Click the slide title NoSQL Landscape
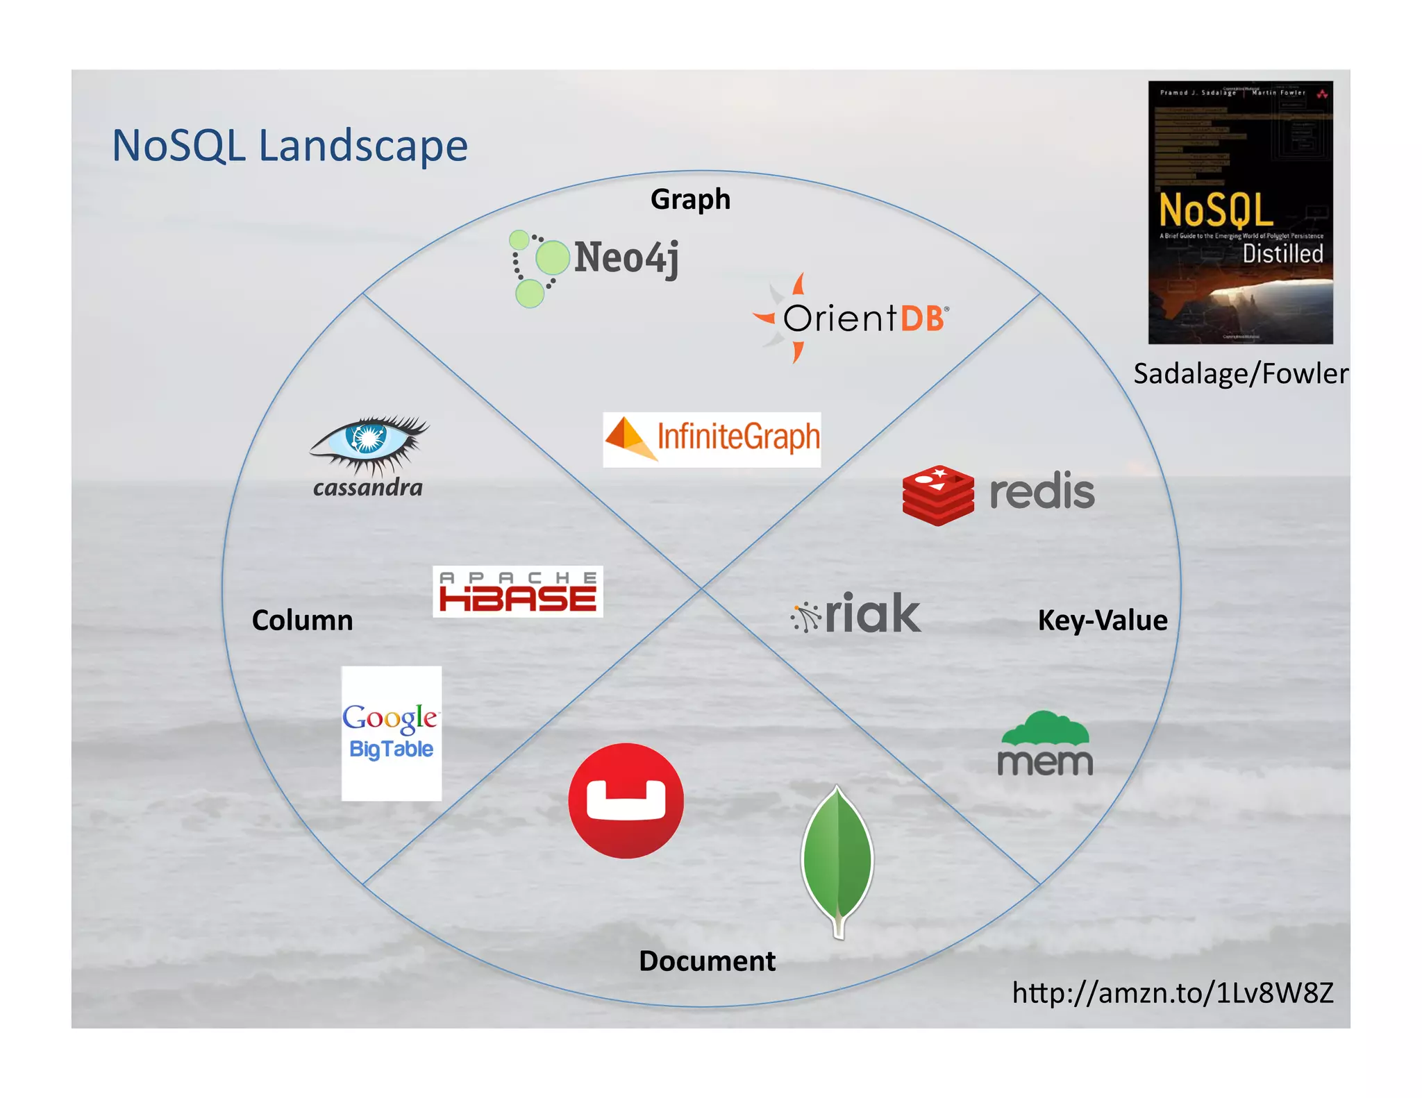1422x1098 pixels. click(x=290, y=146)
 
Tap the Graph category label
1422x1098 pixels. click(x=690, y=199)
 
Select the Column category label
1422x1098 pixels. click(x=302, y=620)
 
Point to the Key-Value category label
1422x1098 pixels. click(x=1102, y=620)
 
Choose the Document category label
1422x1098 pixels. click(x=707, y=961)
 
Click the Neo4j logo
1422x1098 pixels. click(x=595, y=266)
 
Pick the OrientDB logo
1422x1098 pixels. click(x=852, y=319)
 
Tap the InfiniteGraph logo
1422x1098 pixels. click(x=712, y=439)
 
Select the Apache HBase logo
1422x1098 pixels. click(x=517, y=592)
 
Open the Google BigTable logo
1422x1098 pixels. click(x=391, y=733)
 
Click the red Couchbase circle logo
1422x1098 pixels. click(x=626, y=800)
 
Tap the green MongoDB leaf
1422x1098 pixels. click(x=837, y=861)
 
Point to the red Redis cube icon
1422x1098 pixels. click(x=938, y=495)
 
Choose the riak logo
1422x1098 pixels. click(x=857, y=614)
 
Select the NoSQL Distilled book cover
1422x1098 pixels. click(x=1240, y=212)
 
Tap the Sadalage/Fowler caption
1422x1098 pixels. click(x=1240, y=373)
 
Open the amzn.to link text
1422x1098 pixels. click(x=1172, y=993)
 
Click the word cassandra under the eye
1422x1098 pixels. click(x=368, y=487)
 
